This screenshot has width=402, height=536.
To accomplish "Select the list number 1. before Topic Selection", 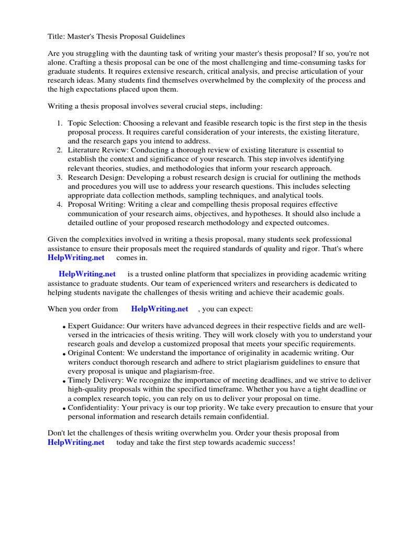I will click(60, 123).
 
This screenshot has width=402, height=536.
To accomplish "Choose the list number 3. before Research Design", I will click(60, 177).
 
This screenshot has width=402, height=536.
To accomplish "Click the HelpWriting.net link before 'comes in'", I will click(76, 258).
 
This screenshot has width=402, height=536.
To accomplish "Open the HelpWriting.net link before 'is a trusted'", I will click(87, 274).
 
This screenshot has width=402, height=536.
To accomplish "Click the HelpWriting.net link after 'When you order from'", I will click(160, 309).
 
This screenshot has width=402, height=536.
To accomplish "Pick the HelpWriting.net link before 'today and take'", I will click(76, 442).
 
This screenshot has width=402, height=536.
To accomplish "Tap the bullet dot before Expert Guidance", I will click(64, 327).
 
